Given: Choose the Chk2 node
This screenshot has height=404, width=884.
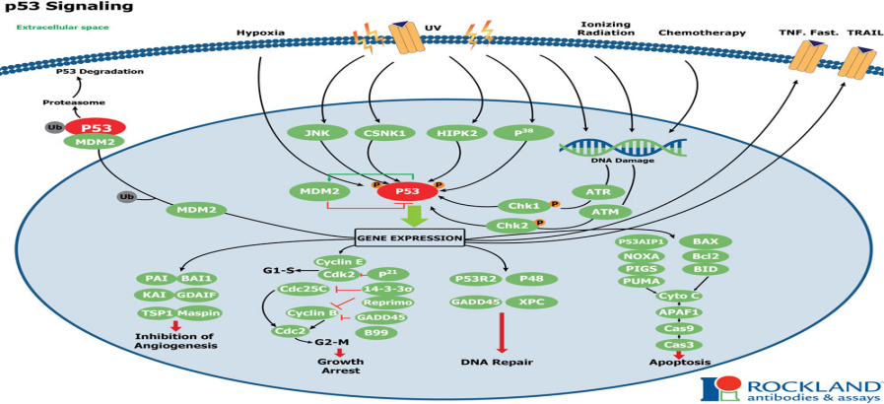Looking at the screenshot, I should pyautogui.click(x=511, y=226).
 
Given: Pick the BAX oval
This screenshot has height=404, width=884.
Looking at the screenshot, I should pyautogui.click(x=706, y=240).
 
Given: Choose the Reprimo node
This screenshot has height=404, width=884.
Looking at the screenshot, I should pyautogui.click(x=380, y=302).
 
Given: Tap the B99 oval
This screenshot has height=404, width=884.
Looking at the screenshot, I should pyautogui.click(x=375, y=333).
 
